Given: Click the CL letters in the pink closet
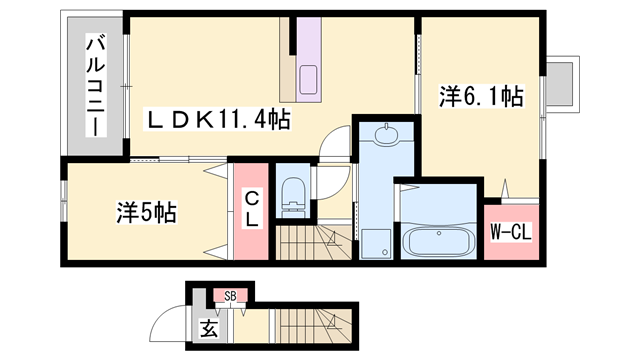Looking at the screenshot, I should click(x=251, y=210).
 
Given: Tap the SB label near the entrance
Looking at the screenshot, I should click(x=230, y=295).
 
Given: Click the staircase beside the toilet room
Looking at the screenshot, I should click(x=313, y=244).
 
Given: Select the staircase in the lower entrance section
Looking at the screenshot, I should click(x=310, y=326).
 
